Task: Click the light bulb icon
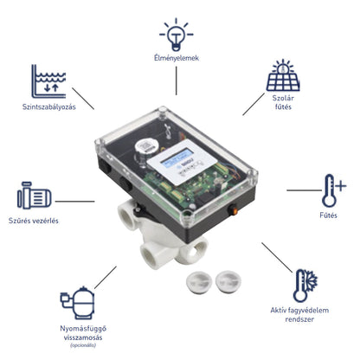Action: tap(177, 35)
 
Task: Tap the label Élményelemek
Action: tap(177, 58)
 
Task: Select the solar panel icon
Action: tap(283, 75)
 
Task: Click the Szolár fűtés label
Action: tap(283, 102)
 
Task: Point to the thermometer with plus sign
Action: tap(333, 190)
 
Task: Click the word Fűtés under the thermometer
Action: tap(328, 215)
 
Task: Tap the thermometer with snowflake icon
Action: tap(305, 286)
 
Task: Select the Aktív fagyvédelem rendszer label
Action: tap(299, 315)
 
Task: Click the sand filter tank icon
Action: tap(77, 303)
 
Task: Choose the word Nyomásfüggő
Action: tap(83, 329)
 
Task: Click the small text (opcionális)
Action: tap(83, 345)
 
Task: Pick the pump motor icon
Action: tap(35, 196)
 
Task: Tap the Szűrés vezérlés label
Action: tap(34, 221)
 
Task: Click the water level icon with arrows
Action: tap(48, 81)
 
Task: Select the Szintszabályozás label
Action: tap(49, 107)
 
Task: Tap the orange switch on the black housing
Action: tap(235, 211)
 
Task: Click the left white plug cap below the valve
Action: tap(199, 282)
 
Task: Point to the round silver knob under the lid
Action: tap(146, 146)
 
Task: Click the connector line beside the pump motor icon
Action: tap(74, 202)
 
